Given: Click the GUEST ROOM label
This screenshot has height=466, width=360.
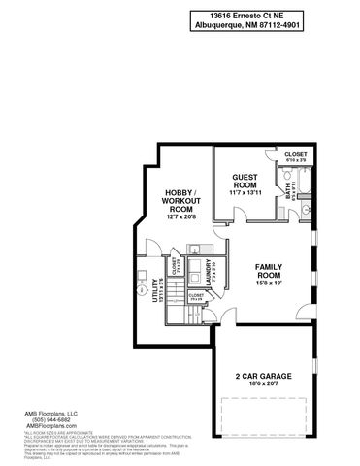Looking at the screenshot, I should pos(245,182).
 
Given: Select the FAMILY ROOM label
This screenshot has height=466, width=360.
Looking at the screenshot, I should pos(269,271).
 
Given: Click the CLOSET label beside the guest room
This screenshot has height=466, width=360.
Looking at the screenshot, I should pos(295,154).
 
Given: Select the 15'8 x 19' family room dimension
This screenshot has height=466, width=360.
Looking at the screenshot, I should pos(269,283).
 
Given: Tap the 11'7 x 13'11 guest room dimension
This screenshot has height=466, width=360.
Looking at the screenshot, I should pos(245,194).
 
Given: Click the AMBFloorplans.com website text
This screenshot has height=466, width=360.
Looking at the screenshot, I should pos(49,426).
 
